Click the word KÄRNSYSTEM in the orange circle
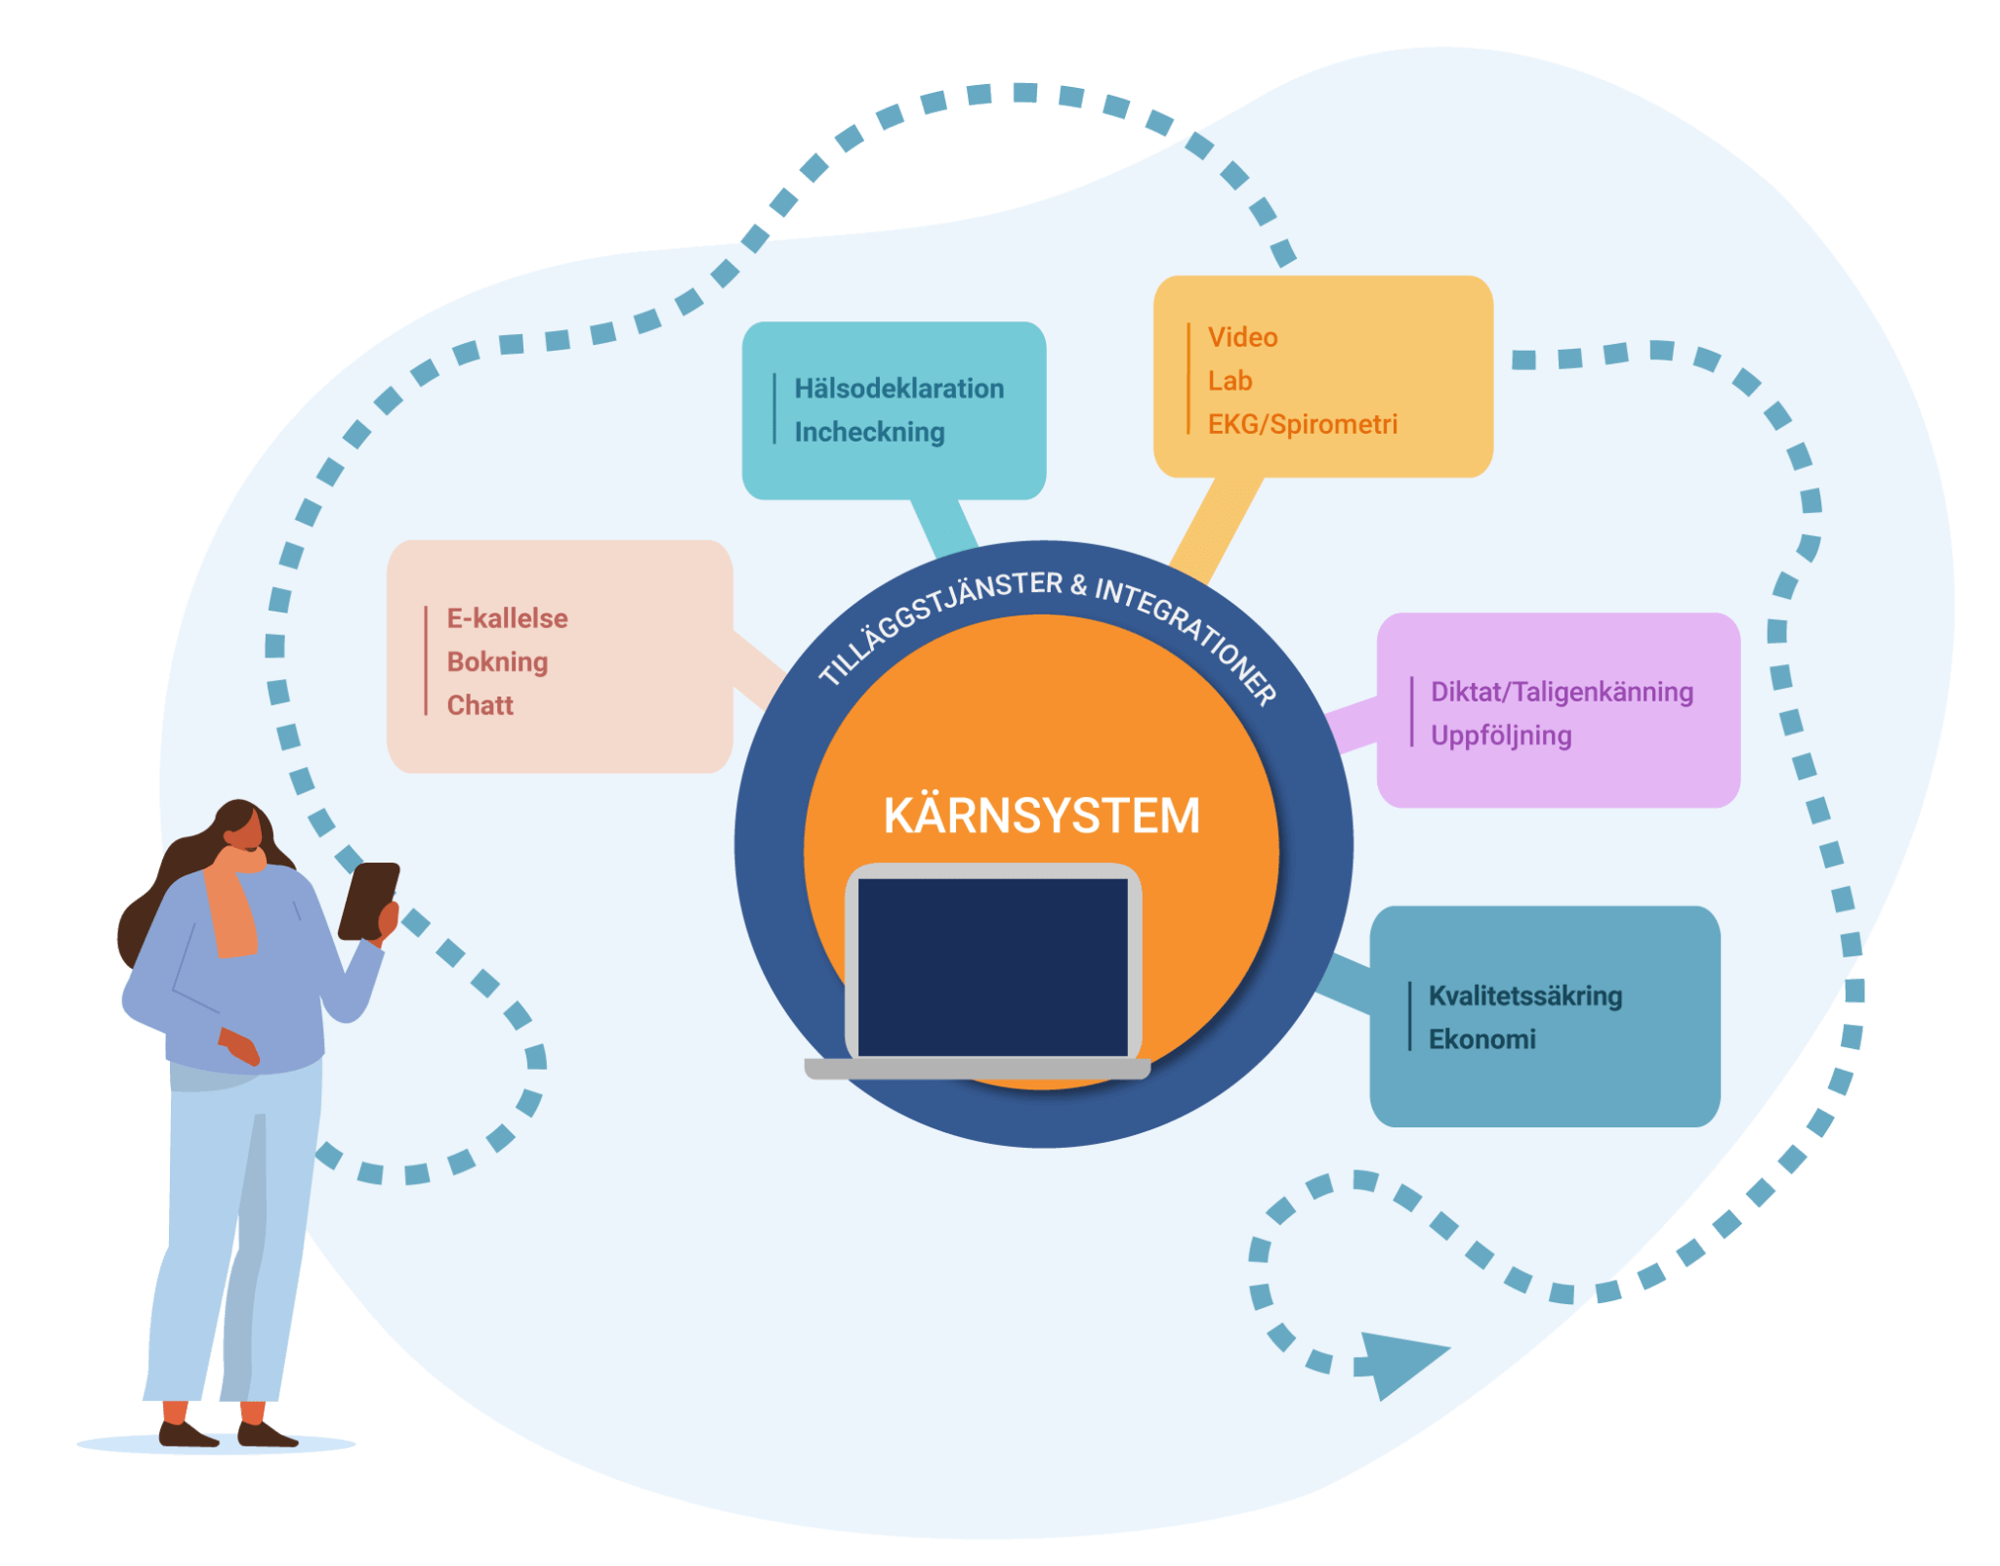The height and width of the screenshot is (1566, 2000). tap(1041, 816)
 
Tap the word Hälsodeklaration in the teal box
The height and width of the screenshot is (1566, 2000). tap(898, 389)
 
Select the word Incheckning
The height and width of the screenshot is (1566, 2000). tap(869, 432)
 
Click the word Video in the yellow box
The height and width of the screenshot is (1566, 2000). tap(1242, 338)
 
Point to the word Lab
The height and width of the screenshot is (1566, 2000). tap(1229, 381)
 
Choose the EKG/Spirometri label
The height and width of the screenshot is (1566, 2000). tap(1302, 424)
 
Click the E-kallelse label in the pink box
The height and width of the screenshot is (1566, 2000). tap(507, 618)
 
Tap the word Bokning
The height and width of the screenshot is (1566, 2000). tap(497, 662)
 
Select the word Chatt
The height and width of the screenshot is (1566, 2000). tap(479, 705)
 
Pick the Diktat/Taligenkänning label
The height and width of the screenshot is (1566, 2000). tap(1562, 692)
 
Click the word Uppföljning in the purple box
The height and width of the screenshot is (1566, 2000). tap(1501, 736)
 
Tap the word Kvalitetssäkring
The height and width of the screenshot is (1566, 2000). tap(1524, 996)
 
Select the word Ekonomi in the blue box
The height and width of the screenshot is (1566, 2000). tap(1481, 1039)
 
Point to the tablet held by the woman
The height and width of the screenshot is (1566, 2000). tap(367, 899)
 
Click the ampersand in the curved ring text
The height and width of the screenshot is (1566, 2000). tap(1078, 585)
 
